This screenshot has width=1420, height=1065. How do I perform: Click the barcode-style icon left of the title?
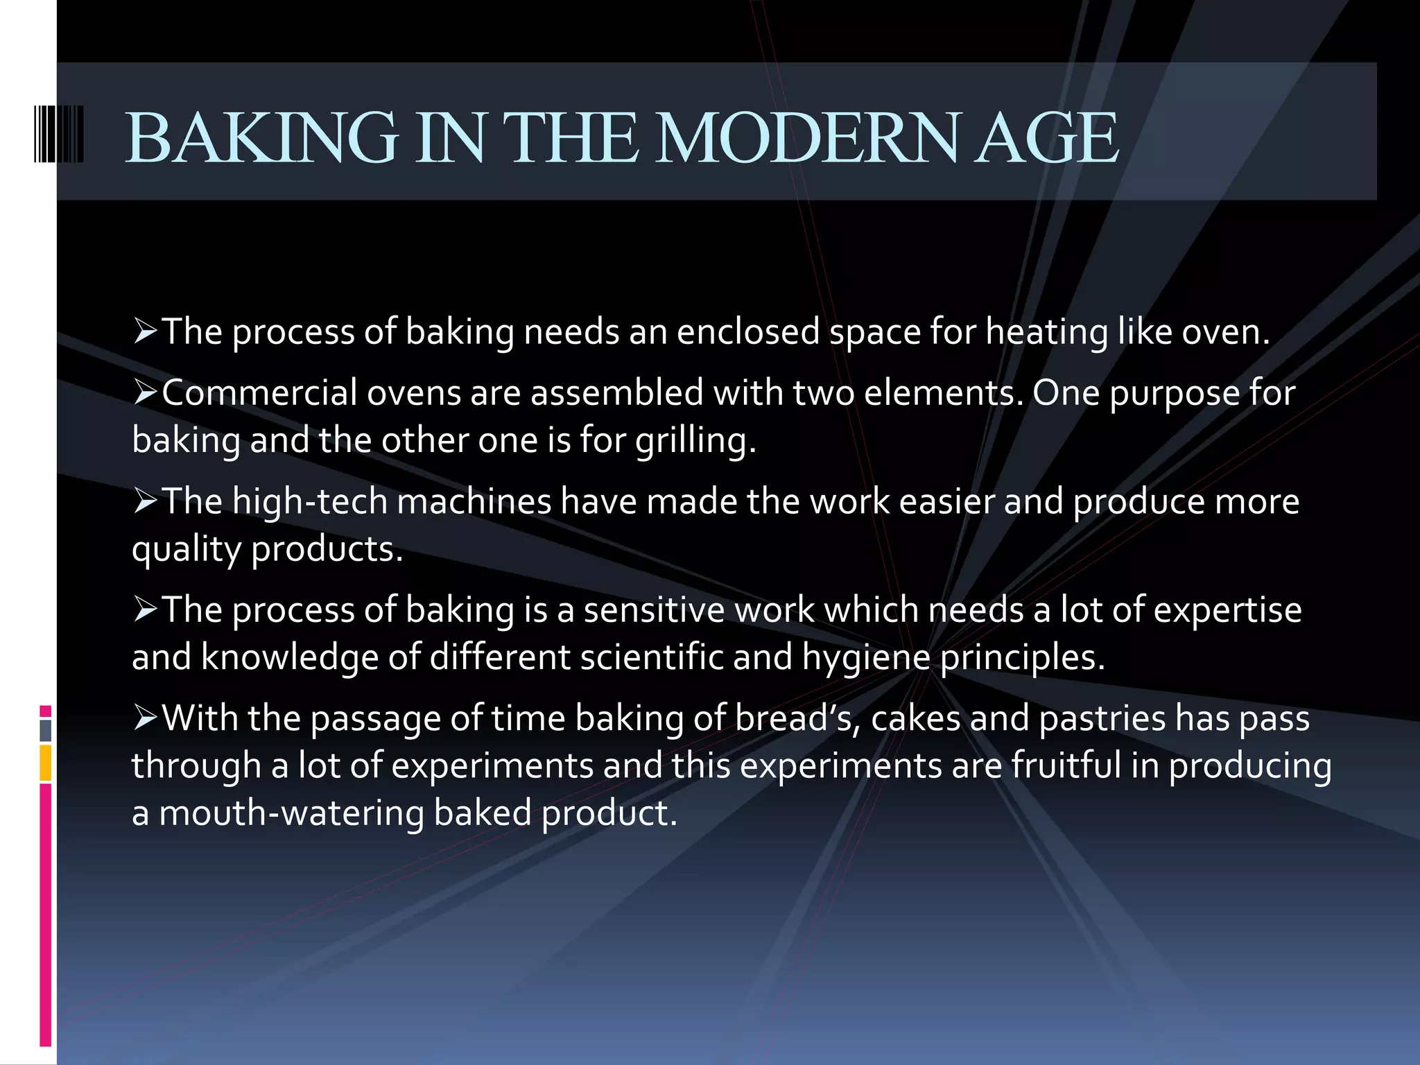click(x=59, y=135)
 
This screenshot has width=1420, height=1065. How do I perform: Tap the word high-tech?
click(x=309, y=501)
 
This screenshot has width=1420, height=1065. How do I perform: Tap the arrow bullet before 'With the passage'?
click(x=146, y=718)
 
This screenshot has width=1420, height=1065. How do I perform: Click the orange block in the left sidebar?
click(x=46, y=763)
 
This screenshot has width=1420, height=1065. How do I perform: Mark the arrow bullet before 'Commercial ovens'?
click(x=146, y=393)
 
